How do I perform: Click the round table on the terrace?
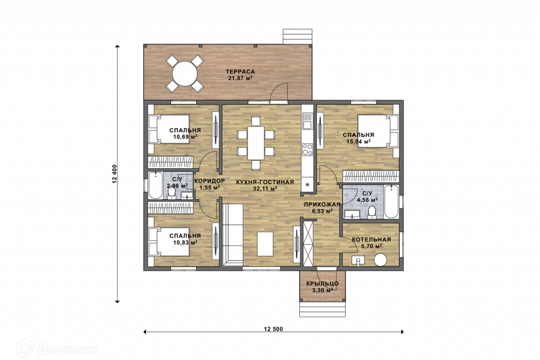(185, 74)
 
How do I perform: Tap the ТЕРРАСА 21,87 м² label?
(240, 75)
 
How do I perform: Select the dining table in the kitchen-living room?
(256, 143)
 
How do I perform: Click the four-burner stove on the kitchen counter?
(307, 149)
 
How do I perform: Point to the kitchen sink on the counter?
(307, 121)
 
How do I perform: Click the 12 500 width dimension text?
(273, 329)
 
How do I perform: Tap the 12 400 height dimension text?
(115, 174)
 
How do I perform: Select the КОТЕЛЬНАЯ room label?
(371, 240)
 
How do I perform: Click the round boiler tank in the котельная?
(381, 259)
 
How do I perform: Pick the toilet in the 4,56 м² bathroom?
(372, 212)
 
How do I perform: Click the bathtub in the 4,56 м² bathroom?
(391, 201)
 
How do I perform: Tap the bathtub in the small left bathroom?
(155, 185)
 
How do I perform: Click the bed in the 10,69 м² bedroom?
(169, 129)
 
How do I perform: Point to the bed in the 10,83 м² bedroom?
(169, 241)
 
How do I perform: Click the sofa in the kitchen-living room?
(232, 235)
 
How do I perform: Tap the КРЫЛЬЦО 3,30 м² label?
(322, 287)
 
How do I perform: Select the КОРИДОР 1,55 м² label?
(210, 184)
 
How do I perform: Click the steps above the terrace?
(298, 37)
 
